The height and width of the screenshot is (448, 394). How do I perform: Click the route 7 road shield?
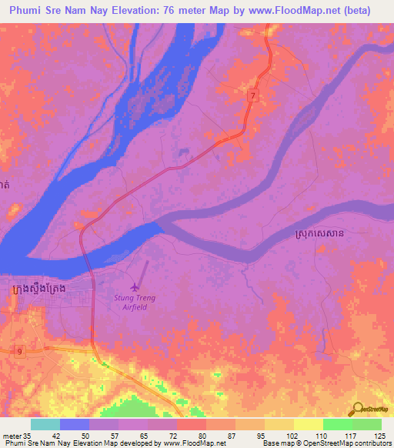[x=252, y=95]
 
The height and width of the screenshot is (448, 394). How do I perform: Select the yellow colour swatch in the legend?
[x=308, y=424]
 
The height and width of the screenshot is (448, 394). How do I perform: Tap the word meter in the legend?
[x=14, y=436]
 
